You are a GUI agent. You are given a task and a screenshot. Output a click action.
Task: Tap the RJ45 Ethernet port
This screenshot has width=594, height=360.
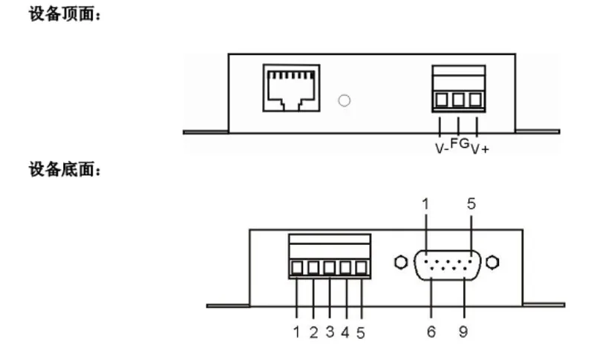point(291,88)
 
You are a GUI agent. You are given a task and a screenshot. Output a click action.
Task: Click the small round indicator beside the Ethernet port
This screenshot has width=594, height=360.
point(344,101)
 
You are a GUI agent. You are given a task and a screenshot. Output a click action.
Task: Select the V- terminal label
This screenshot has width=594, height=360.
point(442,148)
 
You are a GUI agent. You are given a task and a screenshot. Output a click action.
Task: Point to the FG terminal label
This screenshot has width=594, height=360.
point(460,143)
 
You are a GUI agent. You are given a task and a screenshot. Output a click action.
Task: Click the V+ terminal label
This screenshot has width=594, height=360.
point(480,149)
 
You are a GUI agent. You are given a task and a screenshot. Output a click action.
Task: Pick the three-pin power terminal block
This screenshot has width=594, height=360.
point(458,89)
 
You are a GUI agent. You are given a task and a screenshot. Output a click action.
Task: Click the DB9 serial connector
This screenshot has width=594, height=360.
point(448,265)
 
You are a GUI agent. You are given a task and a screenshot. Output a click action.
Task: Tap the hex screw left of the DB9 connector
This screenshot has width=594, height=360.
point(401,262)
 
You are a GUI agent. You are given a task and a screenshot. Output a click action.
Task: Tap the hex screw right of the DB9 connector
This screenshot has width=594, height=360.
point(492,262)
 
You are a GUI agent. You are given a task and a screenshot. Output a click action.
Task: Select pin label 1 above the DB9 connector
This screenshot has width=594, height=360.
point(425,204)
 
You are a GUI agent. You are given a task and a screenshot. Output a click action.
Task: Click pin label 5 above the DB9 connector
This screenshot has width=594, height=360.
point(471,204)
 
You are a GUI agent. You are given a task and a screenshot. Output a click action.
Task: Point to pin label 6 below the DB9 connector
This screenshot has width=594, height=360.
point(431,332)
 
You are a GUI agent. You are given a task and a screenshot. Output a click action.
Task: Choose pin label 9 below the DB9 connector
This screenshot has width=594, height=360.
point(463,332)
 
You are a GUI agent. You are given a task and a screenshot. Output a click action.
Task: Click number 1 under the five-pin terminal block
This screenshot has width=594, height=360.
point(296,332)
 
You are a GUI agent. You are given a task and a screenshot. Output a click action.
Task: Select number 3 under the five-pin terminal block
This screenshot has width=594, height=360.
point(330,332)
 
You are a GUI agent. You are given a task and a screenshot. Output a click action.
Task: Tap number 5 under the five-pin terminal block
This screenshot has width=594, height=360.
point(361,333)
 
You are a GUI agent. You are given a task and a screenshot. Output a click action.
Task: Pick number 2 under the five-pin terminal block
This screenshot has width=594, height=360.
point(313,333)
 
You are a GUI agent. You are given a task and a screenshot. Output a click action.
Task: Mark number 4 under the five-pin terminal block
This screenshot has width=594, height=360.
point(345,333)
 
